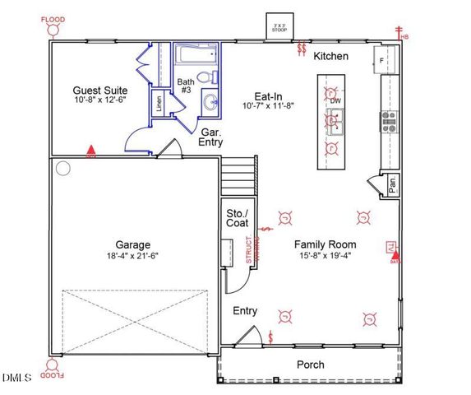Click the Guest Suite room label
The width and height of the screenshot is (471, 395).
[99, 91]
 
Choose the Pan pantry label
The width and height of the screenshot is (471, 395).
[392, 186]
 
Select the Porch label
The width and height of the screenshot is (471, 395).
[310, 364]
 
